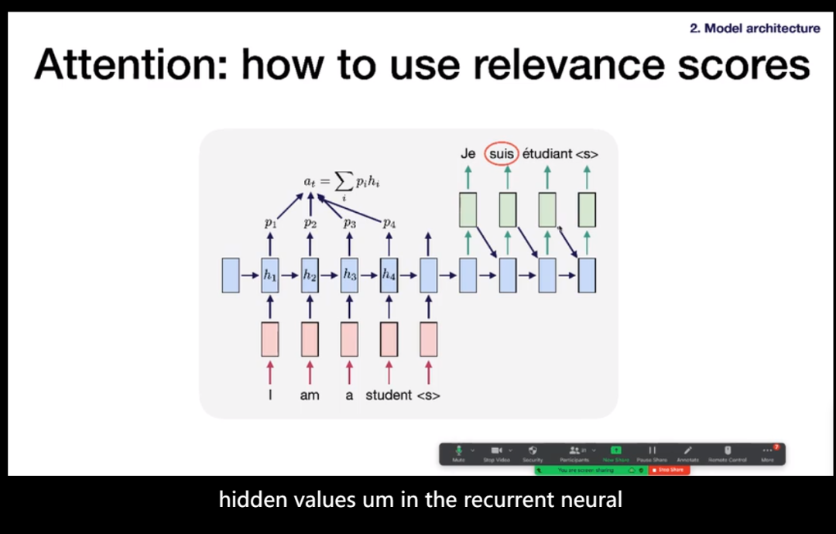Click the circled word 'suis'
pos(502,153)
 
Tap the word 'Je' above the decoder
pos(468,153)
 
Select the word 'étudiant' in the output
pos(547,153)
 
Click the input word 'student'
pos(389,395)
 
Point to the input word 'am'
pos(309,395)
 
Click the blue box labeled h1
pos(269,276)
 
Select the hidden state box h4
pos(389,276)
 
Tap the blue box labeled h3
pos(349,276)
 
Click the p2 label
pos(310,223)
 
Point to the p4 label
pos(389,223)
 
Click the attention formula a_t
pos(341,183)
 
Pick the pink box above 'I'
pos(269,339)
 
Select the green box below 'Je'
pos(468,210)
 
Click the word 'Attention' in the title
pos(128,66)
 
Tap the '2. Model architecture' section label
pos(755,28)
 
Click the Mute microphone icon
pos(458,450)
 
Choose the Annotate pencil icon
pos(687,450)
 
